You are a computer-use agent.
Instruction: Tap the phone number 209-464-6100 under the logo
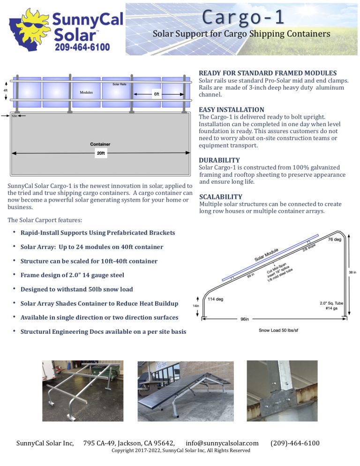(x=82, y=47)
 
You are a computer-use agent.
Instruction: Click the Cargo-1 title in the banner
(x=243, y=17)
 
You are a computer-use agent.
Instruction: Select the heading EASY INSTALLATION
(x=232, y=110)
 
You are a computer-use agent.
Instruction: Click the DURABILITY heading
(x=219, y=160)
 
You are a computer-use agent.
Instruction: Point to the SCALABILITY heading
(x=221, y=197)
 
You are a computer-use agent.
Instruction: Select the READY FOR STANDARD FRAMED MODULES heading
(x=268, y=73)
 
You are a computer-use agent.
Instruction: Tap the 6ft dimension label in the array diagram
(x=157, y=94)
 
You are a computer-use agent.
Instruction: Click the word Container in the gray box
(x=100, y=144)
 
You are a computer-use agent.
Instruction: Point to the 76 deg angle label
(x=334, y=240)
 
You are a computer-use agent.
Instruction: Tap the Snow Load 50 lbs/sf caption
(x=278, y=331)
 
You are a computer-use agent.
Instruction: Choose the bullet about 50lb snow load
(x=76, y=289)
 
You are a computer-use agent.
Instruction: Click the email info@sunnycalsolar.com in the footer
(x=222, y=443)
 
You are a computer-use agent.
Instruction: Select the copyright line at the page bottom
(x=180, y=451)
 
